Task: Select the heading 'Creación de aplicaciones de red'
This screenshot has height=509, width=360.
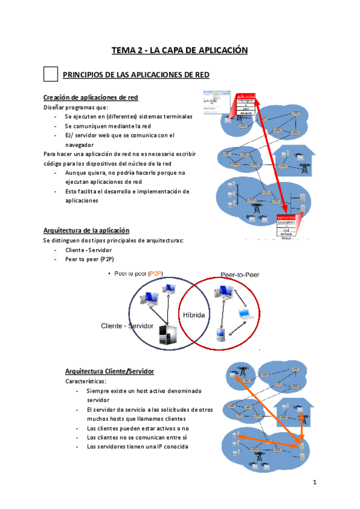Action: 91,97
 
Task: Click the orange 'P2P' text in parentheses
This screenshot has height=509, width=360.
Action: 158,273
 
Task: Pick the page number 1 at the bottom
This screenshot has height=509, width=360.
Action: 314,482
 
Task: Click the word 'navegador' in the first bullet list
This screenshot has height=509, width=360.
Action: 80,145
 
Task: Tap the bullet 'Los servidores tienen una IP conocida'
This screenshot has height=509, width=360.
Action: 137,447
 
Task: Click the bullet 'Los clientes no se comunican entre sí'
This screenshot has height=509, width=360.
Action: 137,438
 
